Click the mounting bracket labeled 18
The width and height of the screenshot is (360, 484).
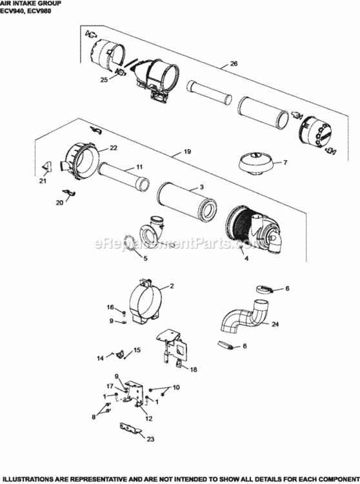[x=170, y=348]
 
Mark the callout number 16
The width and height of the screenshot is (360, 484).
[x=110, y=307]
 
